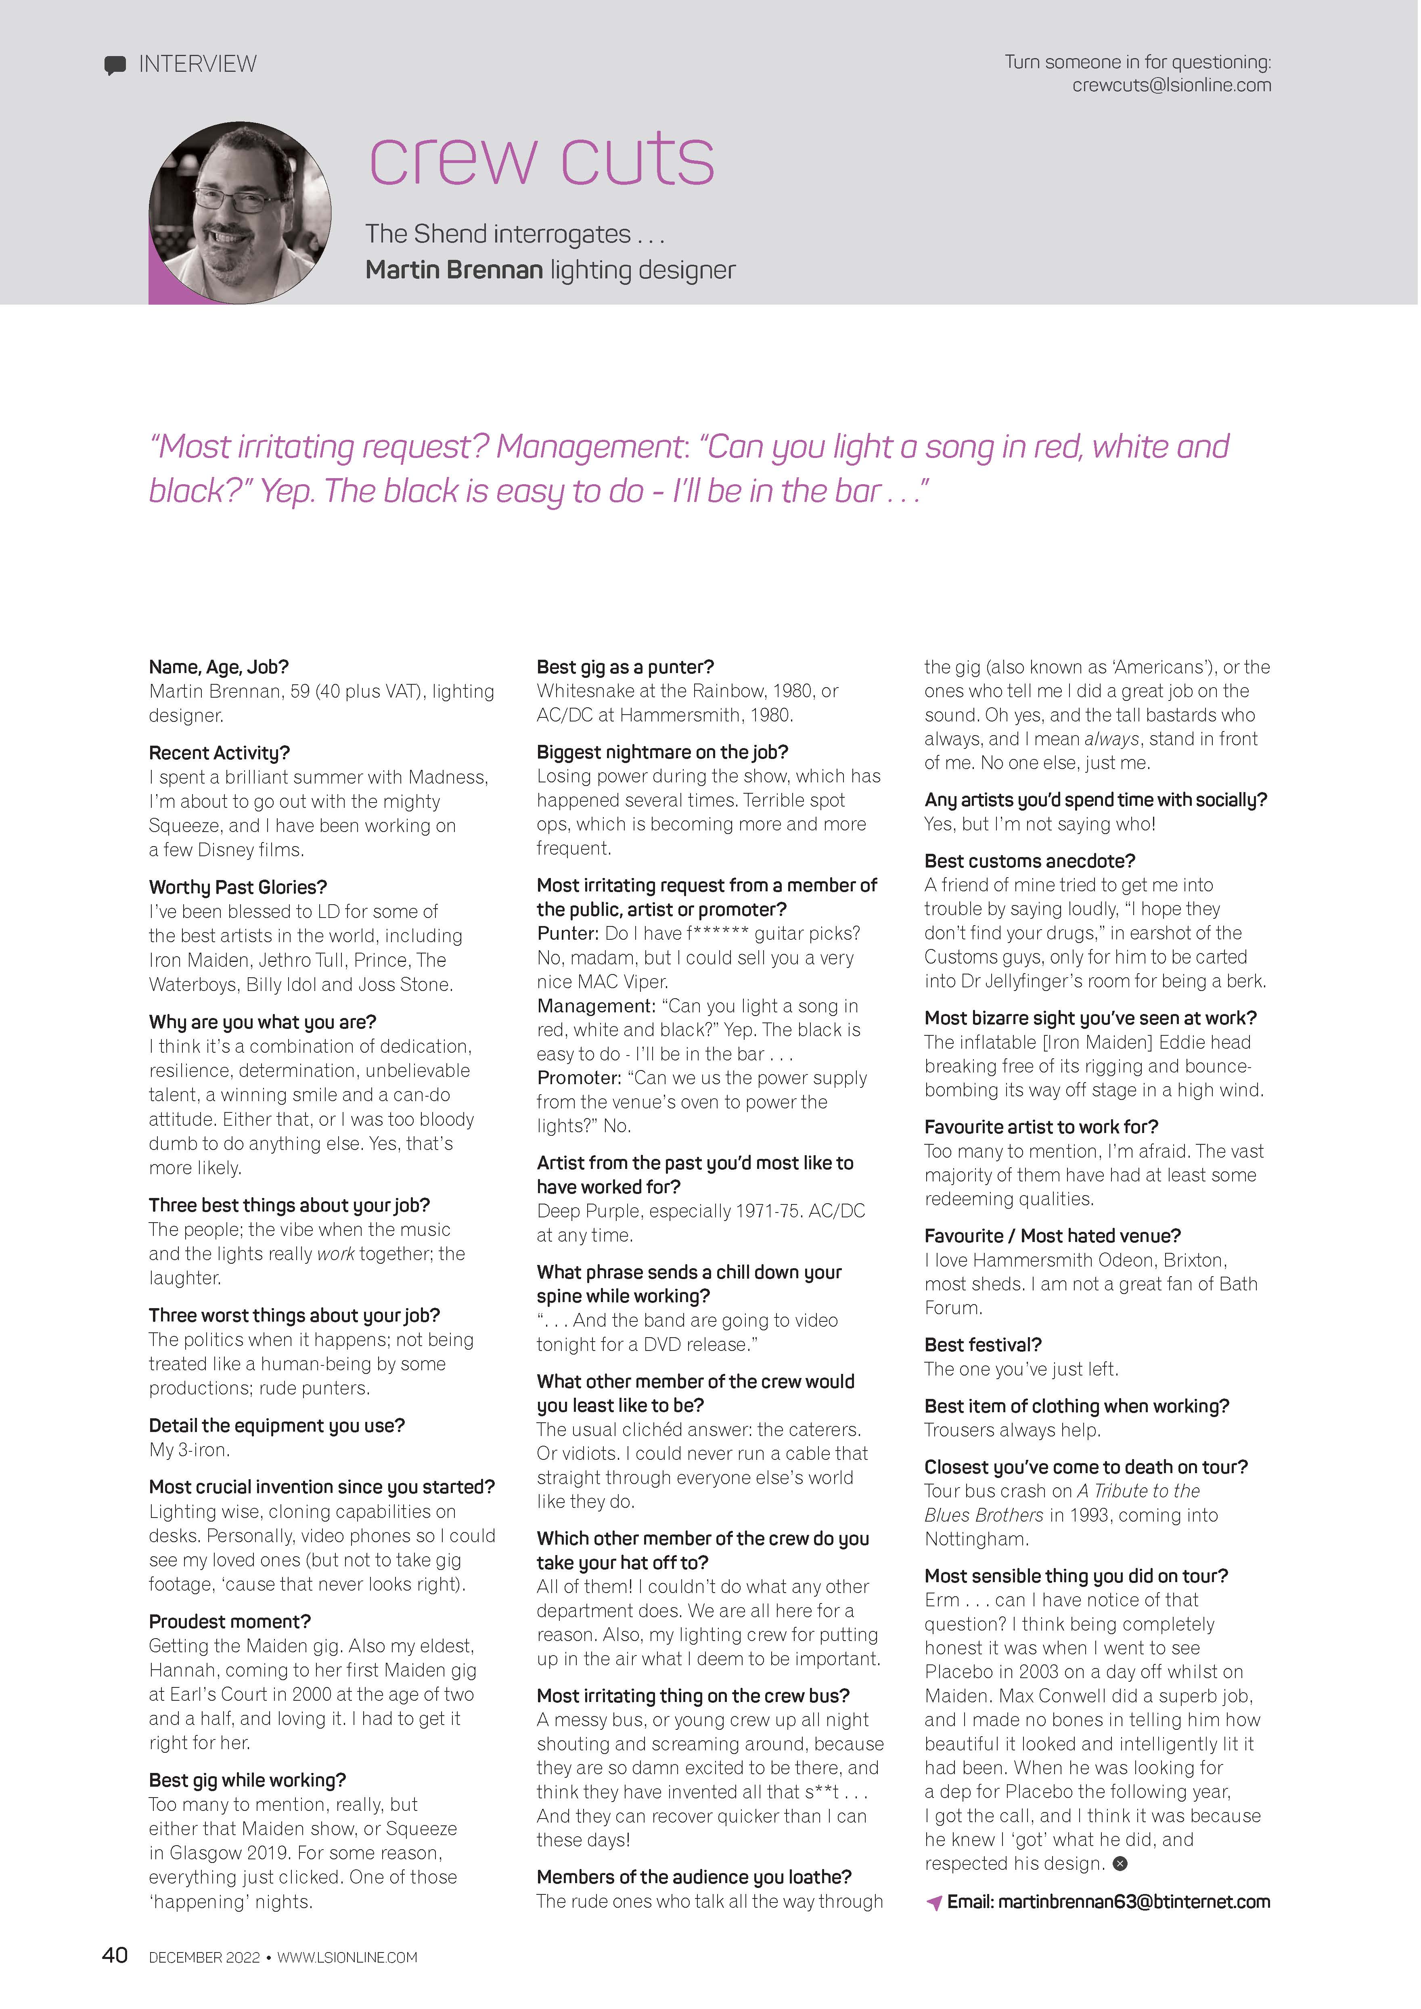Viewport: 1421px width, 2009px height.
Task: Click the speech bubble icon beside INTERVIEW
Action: (115, 66)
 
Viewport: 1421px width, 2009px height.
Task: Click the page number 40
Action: (115, 1955)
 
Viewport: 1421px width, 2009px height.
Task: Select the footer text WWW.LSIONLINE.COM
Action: (347, 1957)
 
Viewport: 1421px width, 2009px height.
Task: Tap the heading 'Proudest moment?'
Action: (229, 1621)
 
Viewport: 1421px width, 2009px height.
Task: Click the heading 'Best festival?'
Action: (983, 1345)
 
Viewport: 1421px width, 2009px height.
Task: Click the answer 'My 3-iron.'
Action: (189, 1450)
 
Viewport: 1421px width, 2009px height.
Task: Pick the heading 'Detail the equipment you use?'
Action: (276, 1426)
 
